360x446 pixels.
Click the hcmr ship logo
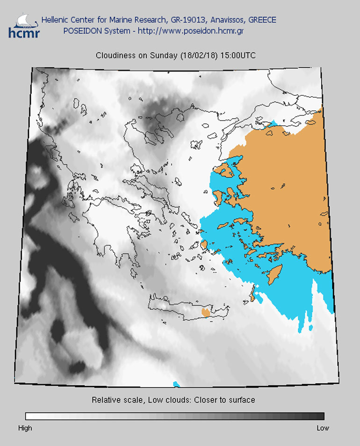(x=24, y=25)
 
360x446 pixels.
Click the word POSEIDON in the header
(x=81, y=31)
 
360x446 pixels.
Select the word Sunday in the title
(x=164, y=55)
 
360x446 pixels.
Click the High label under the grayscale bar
(x=25, y=428)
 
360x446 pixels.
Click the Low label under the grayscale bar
(x=323, y=428)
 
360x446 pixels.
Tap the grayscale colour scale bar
(x=174, y=416)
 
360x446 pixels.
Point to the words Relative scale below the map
(x=116, y=400)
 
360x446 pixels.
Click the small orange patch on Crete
(x=205, y=311)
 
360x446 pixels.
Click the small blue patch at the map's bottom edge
(x=176, y=384)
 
